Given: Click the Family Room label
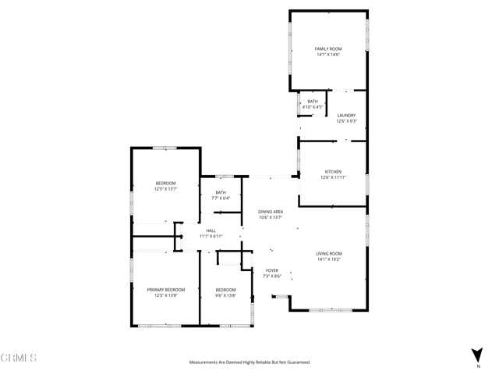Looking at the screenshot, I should [328, 48].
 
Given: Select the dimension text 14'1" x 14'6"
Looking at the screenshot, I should [328, 55].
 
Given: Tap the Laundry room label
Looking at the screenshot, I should [346, 115].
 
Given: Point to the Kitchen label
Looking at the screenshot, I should [333, 171].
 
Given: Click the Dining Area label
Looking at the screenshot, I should [271, 212].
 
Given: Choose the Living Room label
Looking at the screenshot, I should [328, 253].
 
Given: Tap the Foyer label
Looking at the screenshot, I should [271, 270].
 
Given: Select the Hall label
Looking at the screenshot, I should [211, 230].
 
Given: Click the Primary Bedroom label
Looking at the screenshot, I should [166, 289].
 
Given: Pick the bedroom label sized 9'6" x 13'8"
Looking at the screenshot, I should [225, 290].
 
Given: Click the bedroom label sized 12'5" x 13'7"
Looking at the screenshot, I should [165, 183].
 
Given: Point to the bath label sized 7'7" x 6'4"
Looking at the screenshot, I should [221, 192].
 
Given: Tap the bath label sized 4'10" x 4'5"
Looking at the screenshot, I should [312, 102].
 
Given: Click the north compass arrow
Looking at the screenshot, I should [477, 353].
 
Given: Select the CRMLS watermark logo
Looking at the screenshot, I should [19, 358].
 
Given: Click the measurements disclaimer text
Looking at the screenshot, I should [249, 362].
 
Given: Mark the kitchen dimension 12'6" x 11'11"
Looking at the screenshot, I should [333, 177].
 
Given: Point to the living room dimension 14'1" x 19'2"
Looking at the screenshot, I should [328, 259].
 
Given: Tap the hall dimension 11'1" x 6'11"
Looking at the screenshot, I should [211, 237].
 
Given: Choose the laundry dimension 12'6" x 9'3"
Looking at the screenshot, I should [346, 121].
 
